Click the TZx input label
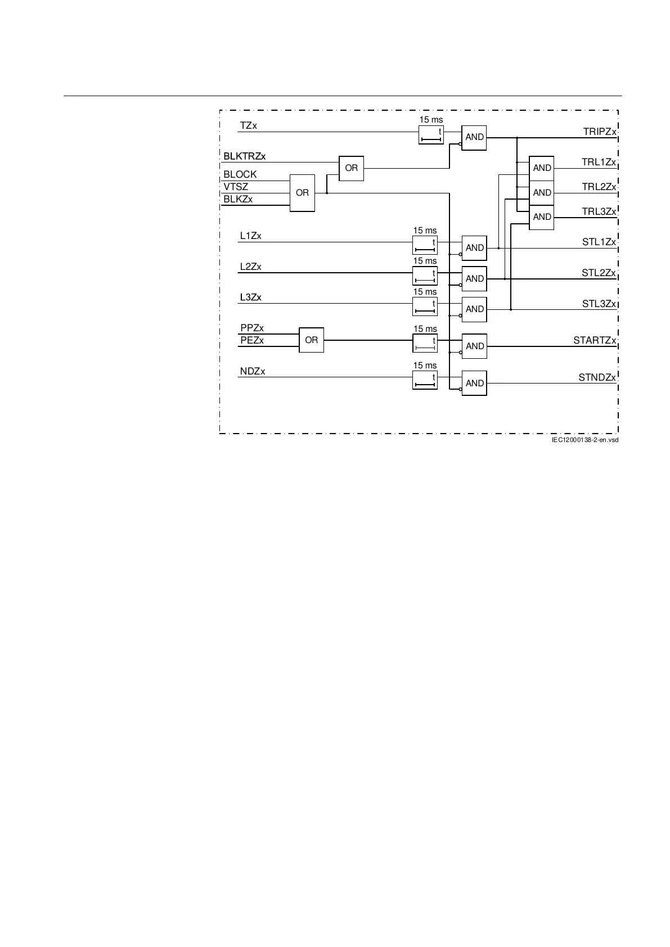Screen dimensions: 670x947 248,126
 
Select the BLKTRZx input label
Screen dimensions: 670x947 244,156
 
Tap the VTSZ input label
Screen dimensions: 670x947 236,187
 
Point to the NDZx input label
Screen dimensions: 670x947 252,371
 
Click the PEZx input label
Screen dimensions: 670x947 251,340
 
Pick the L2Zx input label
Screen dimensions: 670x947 250,267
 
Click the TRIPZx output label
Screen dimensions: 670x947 600,132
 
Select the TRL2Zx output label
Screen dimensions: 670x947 599,187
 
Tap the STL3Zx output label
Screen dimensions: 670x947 599,304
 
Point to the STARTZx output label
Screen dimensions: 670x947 595,340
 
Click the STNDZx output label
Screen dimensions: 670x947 597,377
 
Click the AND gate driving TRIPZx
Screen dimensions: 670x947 474,137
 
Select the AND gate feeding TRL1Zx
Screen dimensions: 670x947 542,168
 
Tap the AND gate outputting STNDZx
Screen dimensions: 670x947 474,384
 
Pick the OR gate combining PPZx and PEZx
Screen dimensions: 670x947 311,340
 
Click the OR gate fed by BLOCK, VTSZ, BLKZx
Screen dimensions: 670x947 302,193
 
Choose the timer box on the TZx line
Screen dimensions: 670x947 431,135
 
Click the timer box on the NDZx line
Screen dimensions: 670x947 425,381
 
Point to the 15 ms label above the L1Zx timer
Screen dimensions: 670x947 425,231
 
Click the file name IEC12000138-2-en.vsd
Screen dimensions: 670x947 584,440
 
